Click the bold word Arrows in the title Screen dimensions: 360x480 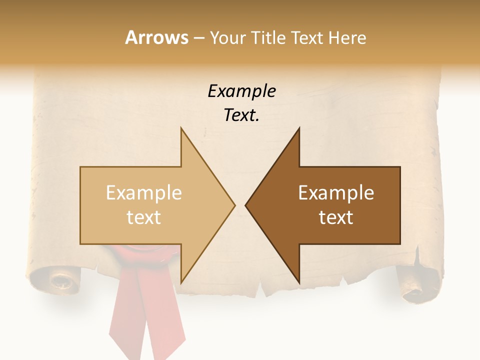click(x=156, y=37)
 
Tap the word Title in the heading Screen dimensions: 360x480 click(x=268, y=38)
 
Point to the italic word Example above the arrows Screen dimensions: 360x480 click(x=241, y=91)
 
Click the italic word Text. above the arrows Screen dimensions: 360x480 click(x=241, y=115)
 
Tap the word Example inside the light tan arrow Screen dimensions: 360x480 click(x=144, y=193)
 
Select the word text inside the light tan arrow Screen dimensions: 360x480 click(x=144, y=217)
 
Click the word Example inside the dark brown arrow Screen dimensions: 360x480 click(x=336, y=193)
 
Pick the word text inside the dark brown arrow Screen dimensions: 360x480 click(x=336, y=217)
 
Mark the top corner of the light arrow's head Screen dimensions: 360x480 click(x=181, y=128)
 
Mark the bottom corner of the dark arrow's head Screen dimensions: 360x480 click(x=299, y=282)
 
